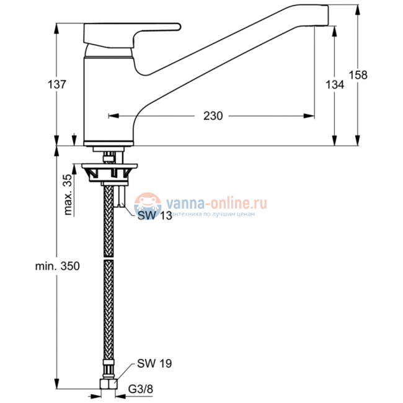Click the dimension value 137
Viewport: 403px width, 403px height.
pos(57,84)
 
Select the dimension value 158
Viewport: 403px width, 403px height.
pos(358,75)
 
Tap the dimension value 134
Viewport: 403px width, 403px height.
pos(335,84)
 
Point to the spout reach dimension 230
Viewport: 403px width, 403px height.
pos(213,116)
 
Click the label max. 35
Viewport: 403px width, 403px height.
pos(68,194)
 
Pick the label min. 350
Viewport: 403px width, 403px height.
pos(57,266)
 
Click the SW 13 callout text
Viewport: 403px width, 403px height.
pos(155,215)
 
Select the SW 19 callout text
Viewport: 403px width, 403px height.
pos(154,363)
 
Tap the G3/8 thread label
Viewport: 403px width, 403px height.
pos(141,389)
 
